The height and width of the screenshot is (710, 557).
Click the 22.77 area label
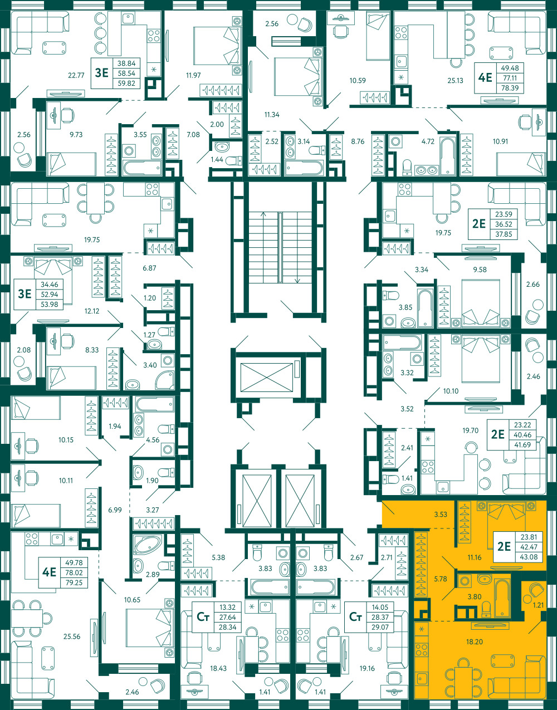click(x=76, y=76)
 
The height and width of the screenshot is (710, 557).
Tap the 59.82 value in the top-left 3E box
click(x=126, y=84)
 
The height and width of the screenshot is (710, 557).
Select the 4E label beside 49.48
click(x=485, y=78)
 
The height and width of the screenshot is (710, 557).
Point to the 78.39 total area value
click(x=510, y=88)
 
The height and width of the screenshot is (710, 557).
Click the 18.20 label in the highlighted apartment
click(x=475, y=642)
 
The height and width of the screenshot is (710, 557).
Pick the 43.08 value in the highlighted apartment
click(x=529, y=557)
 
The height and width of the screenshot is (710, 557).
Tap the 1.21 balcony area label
click(x=539, y=605)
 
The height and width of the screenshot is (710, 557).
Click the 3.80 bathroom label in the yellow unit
click(x=475, y=596)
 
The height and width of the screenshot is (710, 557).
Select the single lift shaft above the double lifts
click(x=267, y=377)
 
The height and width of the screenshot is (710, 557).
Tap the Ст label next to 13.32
click(x=203, y=617)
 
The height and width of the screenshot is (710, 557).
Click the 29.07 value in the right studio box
click(x=380, y=627)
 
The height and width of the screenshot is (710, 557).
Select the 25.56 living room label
click(x=72, y=636)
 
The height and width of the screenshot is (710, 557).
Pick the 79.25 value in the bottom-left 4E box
click(x=74, y=582)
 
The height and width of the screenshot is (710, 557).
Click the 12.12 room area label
click(x=92, y=311)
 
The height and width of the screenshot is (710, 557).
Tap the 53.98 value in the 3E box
click(x=50, y=305)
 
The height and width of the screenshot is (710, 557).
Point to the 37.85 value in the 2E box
click(x=504, y=234)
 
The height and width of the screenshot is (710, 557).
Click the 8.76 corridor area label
click(x=358, y=141)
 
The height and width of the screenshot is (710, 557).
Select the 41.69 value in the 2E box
click(x=522, y=445)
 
